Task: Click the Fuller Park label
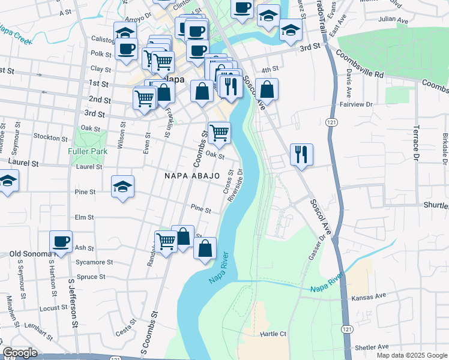tap(88, 151)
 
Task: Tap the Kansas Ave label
tap(370, 296)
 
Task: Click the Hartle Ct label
tap(273, 333)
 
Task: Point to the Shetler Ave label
tap(372, 347)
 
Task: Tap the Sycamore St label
tap(95, 262)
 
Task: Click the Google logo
tap(20, 353)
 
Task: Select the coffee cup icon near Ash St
tap(61, 241)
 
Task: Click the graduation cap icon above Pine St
tap(122, 186)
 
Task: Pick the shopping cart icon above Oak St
tap(220, 133)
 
